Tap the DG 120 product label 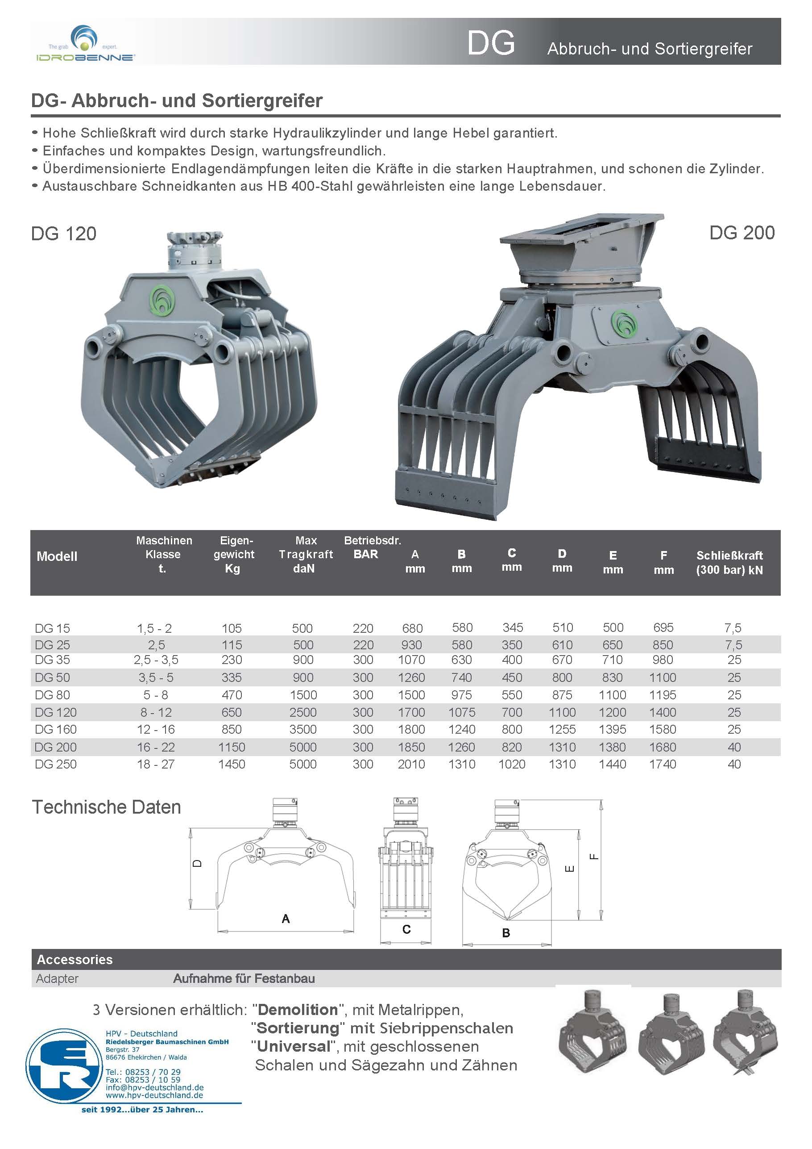coord(63,234)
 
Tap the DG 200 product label coord(742,233)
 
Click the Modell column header coord(57,556)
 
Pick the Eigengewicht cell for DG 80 coord(232,694)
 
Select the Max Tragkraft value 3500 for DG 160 coord(302,729)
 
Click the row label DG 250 coord(55,764)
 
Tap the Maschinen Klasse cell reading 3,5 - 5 coord(156,677)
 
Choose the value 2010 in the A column coord(411,764)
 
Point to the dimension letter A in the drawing coord(286,918)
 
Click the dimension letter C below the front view coord(406,929)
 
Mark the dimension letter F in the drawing coord(594,856)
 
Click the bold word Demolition coord(298,1010)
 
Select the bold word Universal coord(294,1046)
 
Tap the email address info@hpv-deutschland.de coord(154,1087)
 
